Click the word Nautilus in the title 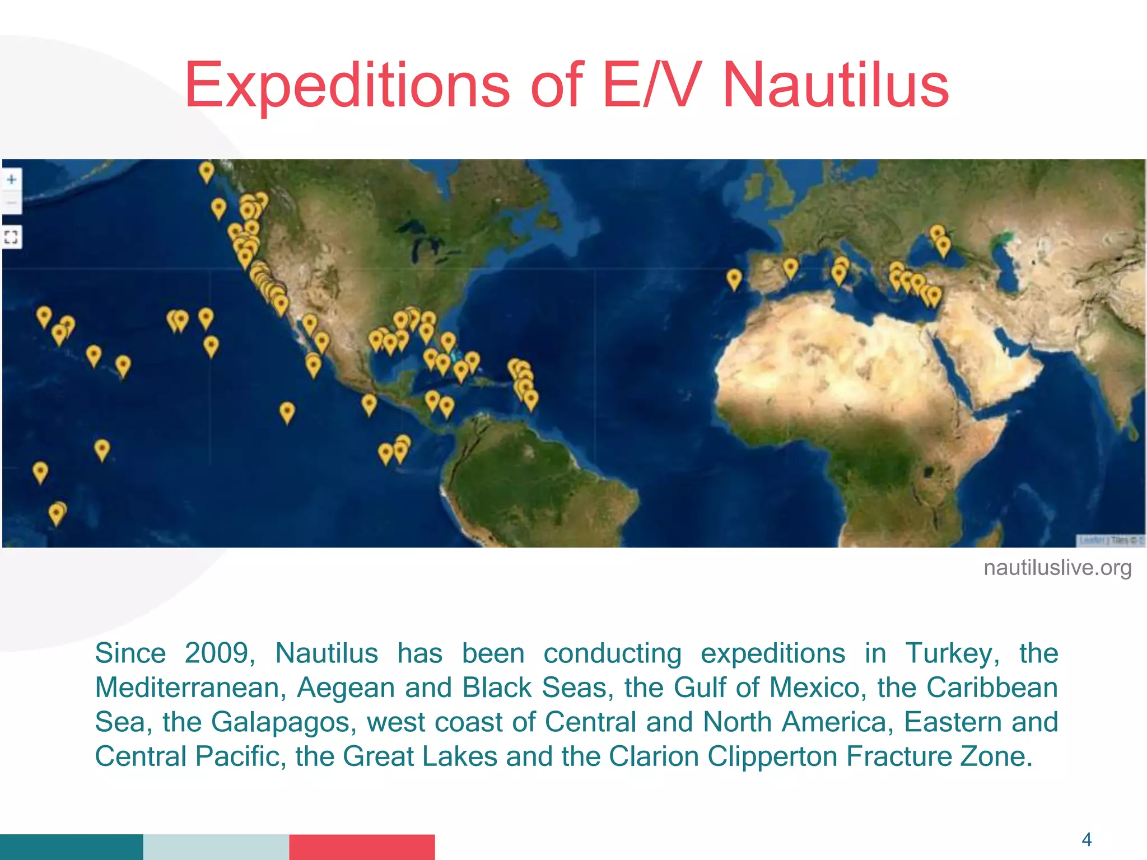[x=836, y=85]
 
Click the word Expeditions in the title [x=347, y=85]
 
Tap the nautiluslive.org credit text [x=1057, y=568]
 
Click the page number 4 [x=1087, y=839]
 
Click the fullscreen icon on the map [x=11, y=237]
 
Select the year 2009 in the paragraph [x=216, y=653]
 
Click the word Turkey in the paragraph [x=952, y=653]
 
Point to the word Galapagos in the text [x=283, y=722]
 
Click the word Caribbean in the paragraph [x=992, y=688]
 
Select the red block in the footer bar [x=362, y=847]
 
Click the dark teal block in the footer [x=71, y=847]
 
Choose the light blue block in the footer [x=216, y=847]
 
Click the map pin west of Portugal [x=734, y=278]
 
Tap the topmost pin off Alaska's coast [x=207, y=171]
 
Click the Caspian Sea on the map [x=1008, y=263]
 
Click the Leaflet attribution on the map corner [x=1092, y=540]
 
